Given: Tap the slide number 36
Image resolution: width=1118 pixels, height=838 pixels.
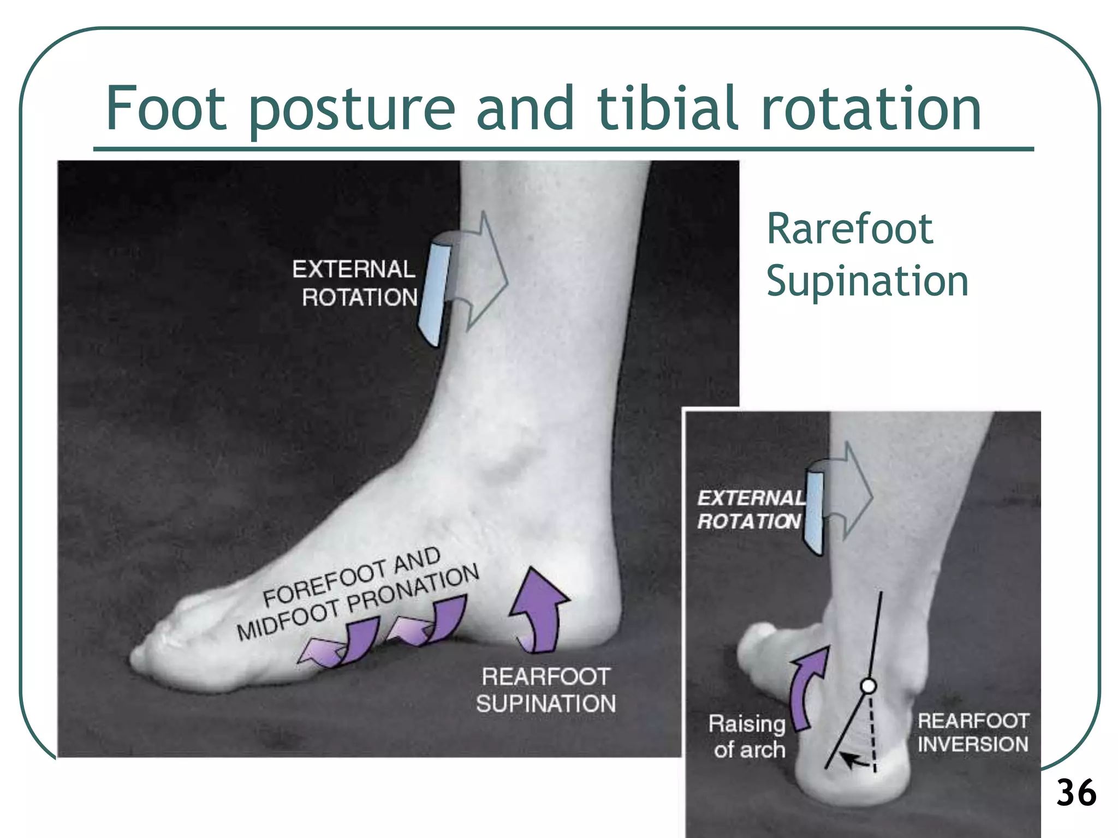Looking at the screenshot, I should [1076, 793].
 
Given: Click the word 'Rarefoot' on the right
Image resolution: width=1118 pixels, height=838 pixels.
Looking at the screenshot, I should [850, 229].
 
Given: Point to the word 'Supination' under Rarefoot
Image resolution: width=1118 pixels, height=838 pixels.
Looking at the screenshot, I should [867, 282].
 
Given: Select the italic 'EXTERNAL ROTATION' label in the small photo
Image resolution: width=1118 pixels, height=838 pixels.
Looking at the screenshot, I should [751, 510].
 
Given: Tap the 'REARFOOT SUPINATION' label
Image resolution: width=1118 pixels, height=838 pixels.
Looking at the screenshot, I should [545, 690].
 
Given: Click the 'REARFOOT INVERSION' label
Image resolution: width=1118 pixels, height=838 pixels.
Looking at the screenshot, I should [973, 732].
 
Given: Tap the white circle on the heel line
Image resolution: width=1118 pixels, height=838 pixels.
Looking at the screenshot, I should [868, 686].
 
